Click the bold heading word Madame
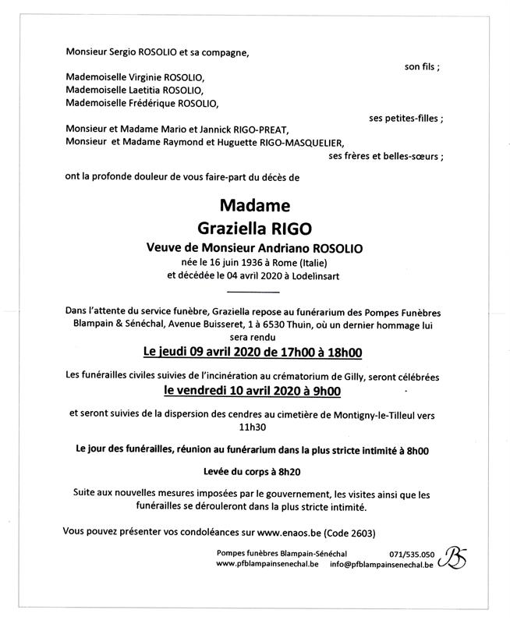(x=254, y=207)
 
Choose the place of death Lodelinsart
(x=315, y=275)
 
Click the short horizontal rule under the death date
(x=255, y=291)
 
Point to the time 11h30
(x=254, y=427)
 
